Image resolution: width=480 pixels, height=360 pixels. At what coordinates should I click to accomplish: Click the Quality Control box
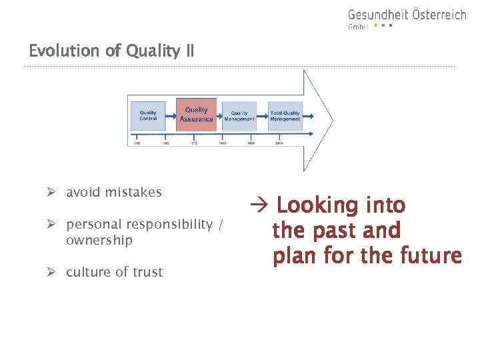(x=148, y=115)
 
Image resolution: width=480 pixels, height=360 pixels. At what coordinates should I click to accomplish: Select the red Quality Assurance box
(x=196, y=115)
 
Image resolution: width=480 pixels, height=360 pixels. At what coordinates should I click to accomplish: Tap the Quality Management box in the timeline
(x=239, y=116)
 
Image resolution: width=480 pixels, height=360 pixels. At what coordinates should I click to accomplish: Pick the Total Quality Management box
(x=285, y=116)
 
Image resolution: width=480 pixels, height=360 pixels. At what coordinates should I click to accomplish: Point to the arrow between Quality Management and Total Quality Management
(x=262, y=116)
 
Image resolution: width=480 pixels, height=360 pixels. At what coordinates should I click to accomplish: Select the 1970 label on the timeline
(x=194, y=143)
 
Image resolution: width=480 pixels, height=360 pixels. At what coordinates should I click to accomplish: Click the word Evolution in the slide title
(x=57, y=51)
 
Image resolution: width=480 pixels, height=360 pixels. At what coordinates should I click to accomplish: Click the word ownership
(x=99, y=240)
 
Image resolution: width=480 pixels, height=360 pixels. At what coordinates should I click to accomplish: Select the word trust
(x=147, y=272)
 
